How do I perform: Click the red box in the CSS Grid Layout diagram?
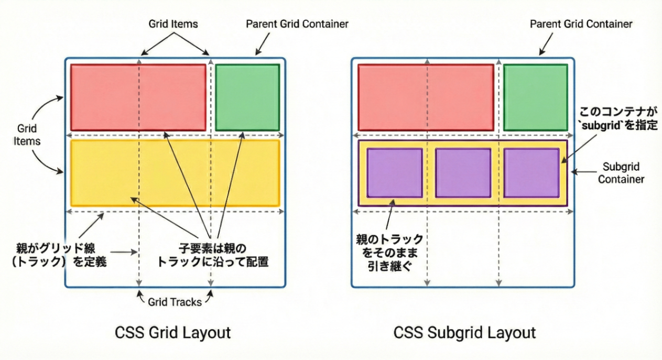[138, 97]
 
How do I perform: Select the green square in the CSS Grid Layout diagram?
[247, 97]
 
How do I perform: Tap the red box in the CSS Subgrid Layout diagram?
[426, 97]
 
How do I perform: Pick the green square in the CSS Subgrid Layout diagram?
[535, 97]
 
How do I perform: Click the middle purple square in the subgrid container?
[463, 172]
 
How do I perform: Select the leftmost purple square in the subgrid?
[395, 172]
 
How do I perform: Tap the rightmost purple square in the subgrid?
[531, 172]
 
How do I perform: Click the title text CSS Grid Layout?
[172, 333]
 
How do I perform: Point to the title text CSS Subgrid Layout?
[464, 333]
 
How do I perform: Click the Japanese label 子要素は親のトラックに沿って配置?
[213, 254]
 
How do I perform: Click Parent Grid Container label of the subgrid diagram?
[581, 24]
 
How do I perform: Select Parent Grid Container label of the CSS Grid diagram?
[297, 24]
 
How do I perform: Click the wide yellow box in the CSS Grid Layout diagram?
[175, 172]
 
